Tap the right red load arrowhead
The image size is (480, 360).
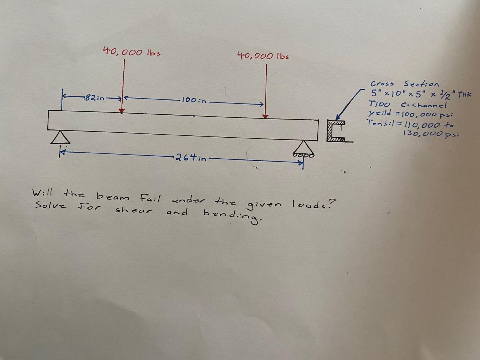point(265,116)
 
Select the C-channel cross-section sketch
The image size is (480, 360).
point(337,131)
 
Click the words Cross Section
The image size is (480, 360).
point(405,84)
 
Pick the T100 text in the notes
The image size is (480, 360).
point(379,104)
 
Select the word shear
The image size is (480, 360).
point(133,210)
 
